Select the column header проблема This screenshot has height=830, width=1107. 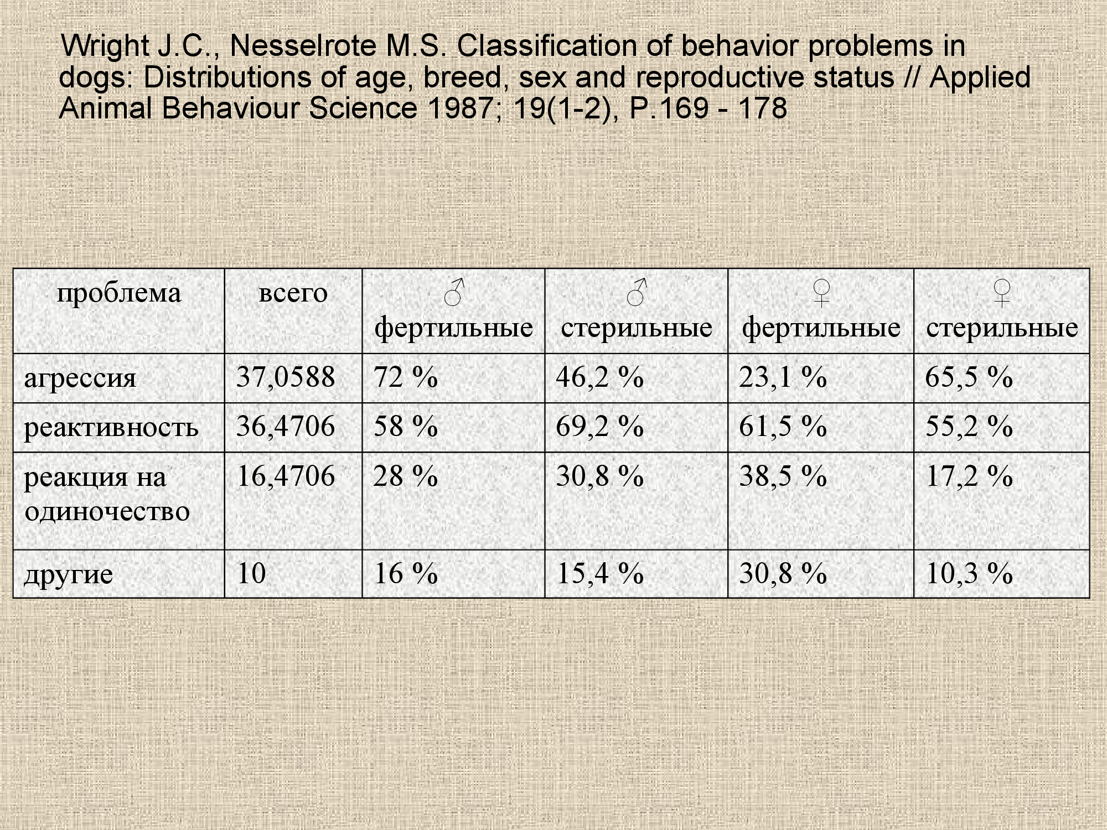point(119,293)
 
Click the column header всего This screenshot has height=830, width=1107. point(293,293)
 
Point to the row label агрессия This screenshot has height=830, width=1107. point(80,378)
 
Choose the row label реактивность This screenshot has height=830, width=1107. point(111,427)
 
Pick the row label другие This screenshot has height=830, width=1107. point(69,574)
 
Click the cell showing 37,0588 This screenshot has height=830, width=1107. point(286,378)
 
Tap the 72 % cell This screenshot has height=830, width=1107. point(406,378)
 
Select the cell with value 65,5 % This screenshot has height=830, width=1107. point(969,378)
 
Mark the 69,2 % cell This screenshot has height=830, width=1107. point(600,427)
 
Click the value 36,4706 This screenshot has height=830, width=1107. point(286,427)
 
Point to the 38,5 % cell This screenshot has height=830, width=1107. point(783,476)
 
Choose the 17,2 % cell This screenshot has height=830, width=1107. point(969,476)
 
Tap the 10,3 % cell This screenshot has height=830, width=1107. point(969,574)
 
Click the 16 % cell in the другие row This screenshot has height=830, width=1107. point(406,574)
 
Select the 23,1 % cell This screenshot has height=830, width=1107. point(783,378)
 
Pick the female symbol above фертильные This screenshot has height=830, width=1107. point(822,292)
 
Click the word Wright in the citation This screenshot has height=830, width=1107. point(105,46)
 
